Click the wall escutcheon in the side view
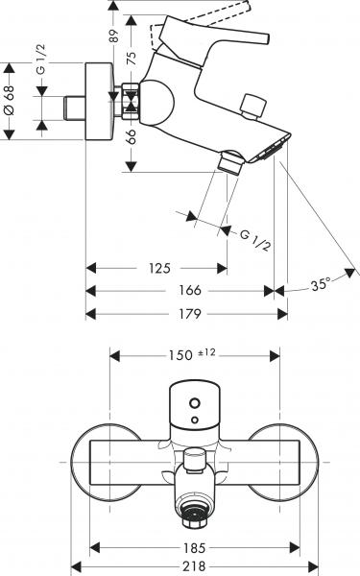(99, 104)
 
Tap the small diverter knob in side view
(253, 106)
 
